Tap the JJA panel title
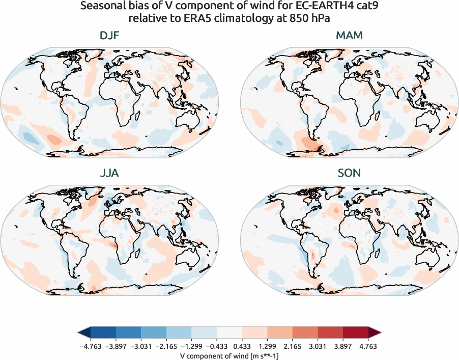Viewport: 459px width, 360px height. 109,173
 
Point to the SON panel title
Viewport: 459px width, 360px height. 349,173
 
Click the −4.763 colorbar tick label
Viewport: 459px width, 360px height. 91,345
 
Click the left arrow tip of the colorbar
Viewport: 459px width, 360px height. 79,333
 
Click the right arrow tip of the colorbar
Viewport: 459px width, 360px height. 380,333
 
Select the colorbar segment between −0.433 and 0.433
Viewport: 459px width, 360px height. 230,333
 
